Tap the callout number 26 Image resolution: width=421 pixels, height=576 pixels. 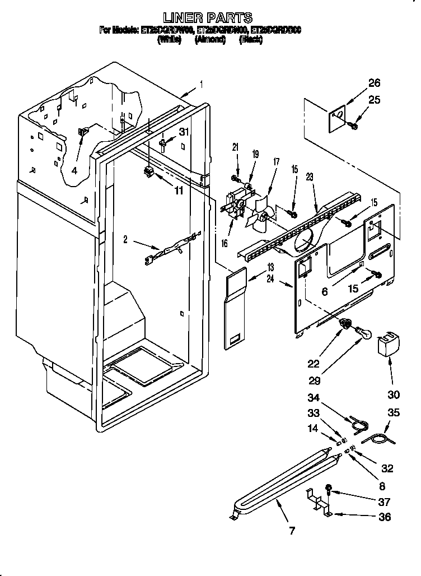click(374, 83)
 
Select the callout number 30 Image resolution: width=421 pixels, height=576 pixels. click(394, 394)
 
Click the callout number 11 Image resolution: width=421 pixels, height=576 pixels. click(178, 191)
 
